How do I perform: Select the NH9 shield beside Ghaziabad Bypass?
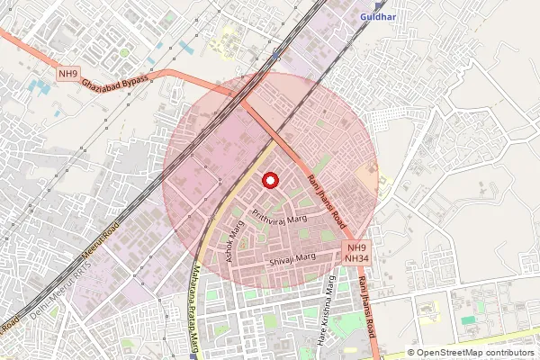67,73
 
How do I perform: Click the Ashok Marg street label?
236,241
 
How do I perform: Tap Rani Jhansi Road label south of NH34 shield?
367,310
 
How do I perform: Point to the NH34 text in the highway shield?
357,258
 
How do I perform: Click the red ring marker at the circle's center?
269,179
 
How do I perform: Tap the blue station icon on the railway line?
276,55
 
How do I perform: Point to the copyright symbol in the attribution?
411,353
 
